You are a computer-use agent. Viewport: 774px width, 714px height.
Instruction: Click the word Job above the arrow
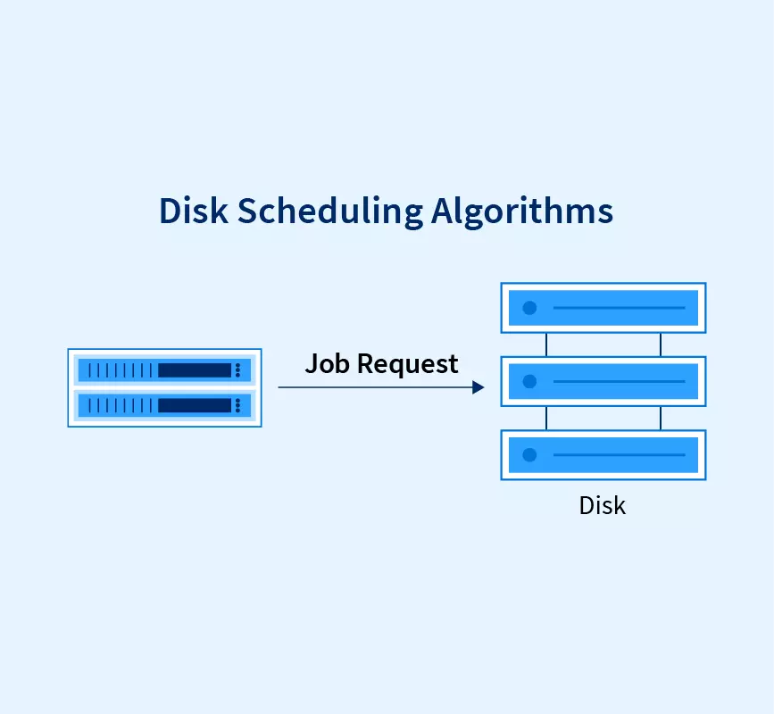pos(326,363)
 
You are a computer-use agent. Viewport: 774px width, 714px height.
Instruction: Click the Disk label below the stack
pos(603,505)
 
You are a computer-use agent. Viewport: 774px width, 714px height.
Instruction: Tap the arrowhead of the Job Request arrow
pos(479,387)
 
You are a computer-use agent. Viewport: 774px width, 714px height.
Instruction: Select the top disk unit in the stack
pos(603,308)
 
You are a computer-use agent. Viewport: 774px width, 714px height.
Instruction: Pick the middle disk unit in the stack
pos(603,382)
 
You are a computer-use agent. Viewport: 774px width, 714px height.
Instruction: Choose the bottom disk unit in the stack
pos(603,455)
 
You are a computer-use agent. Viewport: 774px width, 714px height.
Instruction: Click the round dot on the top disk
pos(529,308)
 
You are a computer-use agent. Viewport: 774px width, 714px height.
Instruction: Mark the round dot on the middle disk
pos(529,382)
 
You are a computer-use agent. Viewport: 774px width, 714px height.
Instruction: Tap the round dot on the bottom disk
pos(529,455)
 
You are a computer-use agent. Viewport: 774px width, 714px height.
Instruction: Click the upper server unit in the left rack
pos(164,369)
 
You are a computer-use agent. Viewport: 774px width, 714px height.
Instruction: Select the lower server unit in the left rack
pos(164,405)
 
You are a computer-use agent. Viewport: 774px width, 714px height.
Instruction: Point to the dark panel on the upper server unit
pos(194,369)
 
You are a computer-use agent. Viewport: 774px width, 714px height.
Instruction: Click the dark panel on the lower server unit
pos(194,405)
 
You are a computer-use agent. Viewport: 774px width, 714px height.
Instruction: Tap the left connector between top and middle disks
pos(545,345)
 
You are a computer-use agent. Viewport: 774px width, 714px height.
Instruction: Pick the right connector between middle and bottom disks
pos(661,419)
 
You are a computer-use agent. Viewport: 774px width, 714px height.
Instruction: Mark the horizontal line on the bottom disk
pos(619,455)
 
